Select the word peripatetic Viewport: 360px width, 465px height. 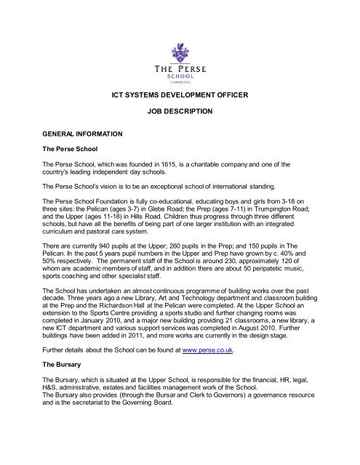275,267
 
